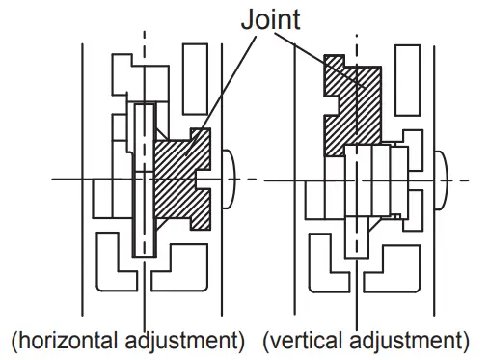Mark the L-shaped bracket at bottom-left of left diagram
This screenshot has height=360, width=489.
[113, 269]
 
